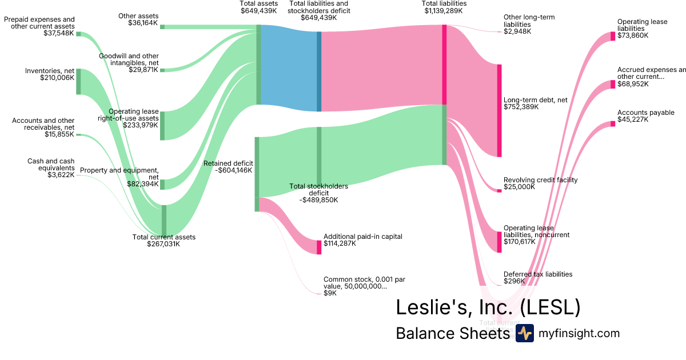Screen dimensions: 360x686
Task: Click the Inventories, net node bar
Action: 78,82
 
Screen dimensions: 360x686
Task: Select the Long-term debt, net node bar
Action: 499,110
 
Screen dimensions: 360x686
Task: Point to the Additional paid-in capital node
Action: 319,247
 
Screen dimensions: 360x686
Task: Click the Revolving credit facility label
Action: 540,180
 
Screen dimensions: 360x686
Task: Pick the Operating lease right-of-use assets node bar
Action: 162,126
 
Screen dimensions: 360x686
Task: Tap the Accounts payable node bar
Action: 613,123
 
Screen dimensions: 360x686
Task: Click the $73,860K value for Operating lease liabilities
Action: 633,35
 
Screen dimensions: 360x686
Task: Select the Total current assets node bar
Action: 164,220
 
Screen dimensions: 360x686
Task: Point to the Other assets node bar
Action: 162,27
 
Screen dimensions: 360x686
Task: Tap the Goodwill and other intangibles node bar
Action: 162,70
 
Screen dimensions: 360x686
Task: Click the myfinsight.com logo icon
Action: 524,334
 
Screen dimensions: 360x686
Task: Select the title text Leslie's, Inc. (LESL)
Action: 488,307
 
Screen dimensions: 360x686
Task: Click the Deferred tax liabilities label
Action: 537,274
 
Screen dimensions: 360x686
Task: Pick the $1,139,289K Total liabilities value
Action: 445,11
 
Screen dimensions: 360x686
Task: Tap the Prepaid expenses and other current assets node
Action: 78,34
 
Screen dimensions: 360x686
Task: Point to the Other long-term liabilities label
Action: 529,21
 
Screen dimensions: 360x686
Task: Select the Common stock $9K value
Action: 330,293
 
